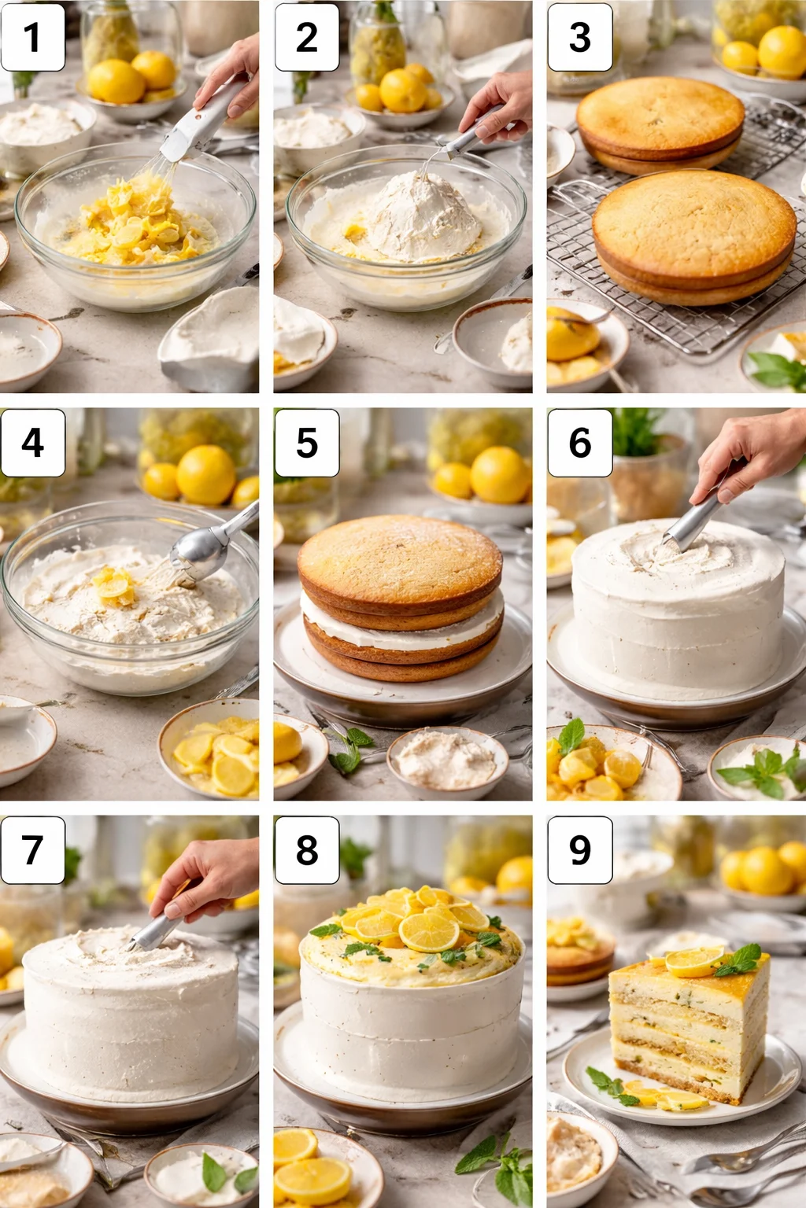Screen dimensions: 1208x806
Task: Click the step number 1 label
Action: (32, 37)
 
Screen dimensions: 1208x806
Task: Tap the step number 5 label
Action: (306, 443)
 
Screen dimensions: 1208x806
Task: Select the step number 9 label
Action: (579, 850)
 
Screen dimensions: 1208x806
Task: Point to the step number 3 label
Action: (579, 37)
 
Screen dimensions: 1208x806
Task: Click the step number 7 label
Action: (32, 850)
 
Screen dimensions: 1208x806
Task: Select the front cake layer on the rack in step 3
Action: (693, 236)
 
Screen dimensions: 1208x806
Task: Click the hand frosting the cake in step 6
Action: (748, 448)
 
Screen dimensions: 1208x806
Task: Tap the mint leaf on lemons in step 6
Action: (571, 735)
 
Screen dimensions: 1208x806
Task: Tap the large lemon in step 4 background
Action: (205, 475)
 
